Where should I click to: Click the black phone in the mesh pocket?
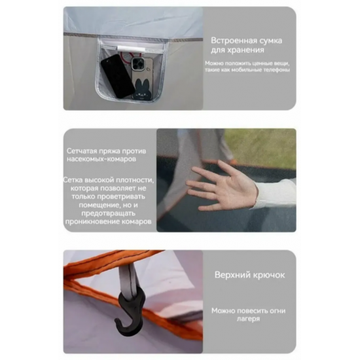pyautogui.click(x=118, y=76)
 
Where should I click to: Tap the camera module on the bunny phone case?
pyautogui.click(x=138, y=63)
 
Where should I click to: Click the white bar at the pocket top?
pyautogui.click(x=131, y=49)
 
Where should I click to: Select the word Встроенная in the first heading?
pyautogui.click(x=234, y=41)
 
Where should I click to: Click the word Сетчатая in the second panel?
pyautogui.click(x=82, y=151)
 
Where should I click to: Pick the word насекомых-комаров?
pyautogui.click(x=101, y=159)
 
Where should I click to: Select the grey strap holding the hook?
pyautogui.click(x=128, y=279)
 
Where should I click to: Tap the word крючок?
pyautogui.click(x=268, y=275)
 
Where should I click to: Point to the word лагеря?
pyautogui.click(x=248, y=319)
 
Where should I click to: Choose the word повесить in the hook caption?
pyautogui.click(x=252, y=311)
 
